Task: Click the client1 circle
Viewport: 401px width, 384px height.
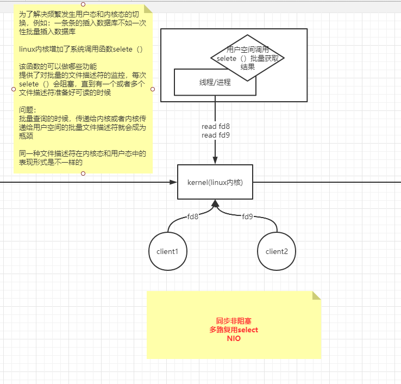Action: [x=167, y=251]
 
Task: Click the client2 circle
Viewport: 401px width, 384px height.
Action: [x=277, y=251]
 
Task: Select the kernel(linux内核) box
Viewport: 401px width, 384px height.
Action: [x=215, y=182]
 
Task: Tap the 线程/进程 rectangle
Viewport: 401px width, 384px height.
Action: [x=215, y=82]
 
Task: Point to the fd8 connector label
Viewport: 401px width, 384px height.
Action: [x=193, y=216]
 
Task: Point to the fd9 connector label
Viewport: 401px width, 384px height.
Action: [x=247, y=216]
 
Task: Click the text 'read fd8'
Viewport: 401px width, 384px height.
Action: [x=216, y=127]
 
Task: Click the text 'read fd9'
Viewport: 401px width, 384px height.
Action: [x=216, y=135]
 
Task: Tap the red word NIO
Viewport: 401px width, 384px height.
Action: [x=234, y=338]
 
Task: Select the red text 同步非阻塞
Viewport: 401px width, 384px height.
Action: [x=234, y=321]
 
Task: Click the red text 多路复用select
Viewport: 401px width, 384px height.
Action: [x=234, y=330]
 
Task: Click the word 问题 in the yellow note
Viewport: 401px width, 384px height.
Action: [x=27, y=109]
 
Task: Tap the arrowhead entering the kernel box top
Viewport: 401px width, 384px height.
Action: [x=215, y=160]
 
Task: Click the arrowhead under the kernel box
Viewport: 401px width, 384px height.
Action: [x=215, y=204]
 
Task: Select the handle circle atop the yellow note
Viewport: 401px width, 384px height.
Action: [x=83, y=4]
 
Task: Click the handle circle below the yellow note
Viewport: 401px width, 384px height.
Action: [x=83, y=174]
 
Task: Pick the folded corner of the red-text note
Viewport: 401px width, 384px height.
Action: [x=316, y=295]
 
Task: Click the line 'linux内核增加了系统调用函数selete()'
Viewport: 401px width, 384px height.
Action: [x=80, y=50]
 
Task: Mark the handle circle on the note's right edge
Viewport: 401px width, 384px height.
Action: [x=153, y=89]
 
